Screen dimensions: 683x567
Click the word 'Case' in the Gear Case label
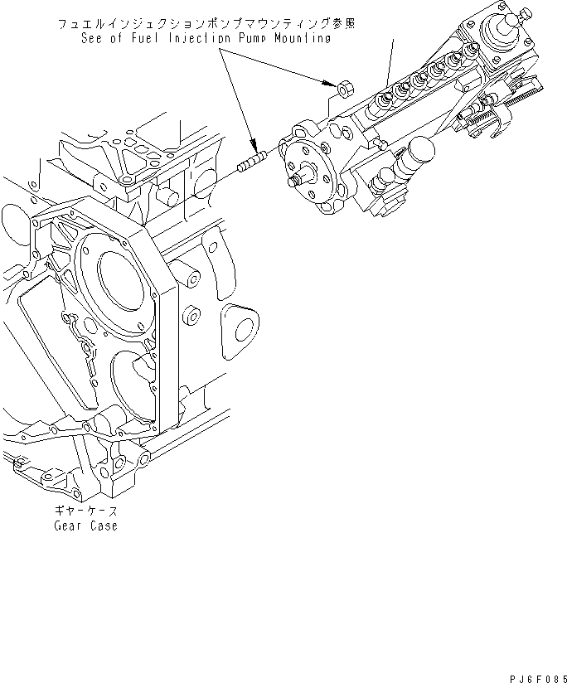pyautogui.click(x=103, y=526)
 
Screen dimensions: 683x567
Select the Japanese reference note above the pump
pyautogui.click(x=206, y=25)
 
